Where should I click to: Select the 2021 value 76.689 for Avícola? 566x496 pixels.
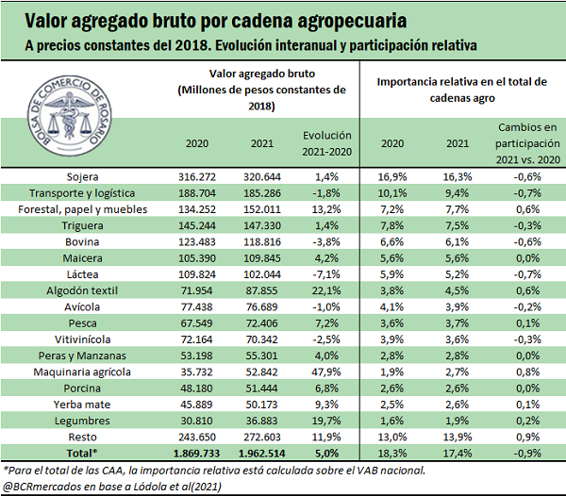pyautogui.click(x=264, y=307)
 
